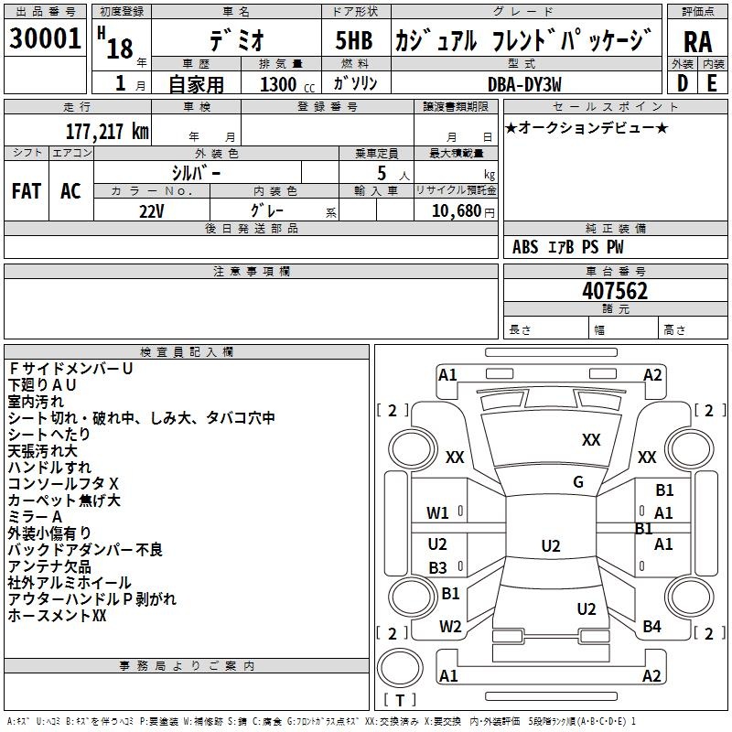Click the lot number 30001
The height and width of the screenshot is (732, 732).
45,38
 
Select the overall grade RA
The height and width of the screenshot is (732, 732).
698,42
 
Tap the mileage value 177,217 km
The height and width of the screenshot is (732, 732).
107,132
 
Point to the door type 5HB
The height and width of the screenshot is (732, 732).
354,40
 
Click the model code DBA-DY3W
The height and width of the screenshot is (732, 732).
524,84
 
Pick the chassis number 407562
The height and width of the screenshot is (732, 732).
615,291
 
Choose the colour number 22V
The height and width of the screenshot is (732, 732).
151,211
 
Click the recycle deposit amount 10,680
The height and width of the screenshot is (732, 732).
457,211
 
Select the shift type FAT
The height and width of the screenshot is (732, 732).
27,191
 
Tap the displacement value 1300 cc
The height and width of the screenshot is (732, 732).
287,84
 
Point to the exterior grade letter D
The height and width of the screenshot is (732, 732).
683,83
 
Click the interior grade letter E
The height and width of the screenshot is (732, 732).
712,83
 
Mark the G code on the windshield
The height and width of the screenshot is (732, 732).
578,481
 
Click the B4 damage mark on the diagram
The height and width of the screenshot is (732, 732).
651,627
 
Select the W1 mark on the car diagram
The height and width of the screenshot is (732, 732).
437,513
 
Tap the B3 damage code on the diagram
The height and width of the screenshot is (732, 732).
437,567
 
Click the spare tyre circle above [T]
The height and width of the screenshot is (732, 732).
400,668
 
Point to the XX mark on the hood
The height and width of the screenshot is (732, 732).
591,439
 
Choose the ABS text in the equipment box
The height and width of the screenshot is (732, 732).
525,247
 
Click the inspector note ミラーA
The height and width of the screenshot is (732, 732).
35,517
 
